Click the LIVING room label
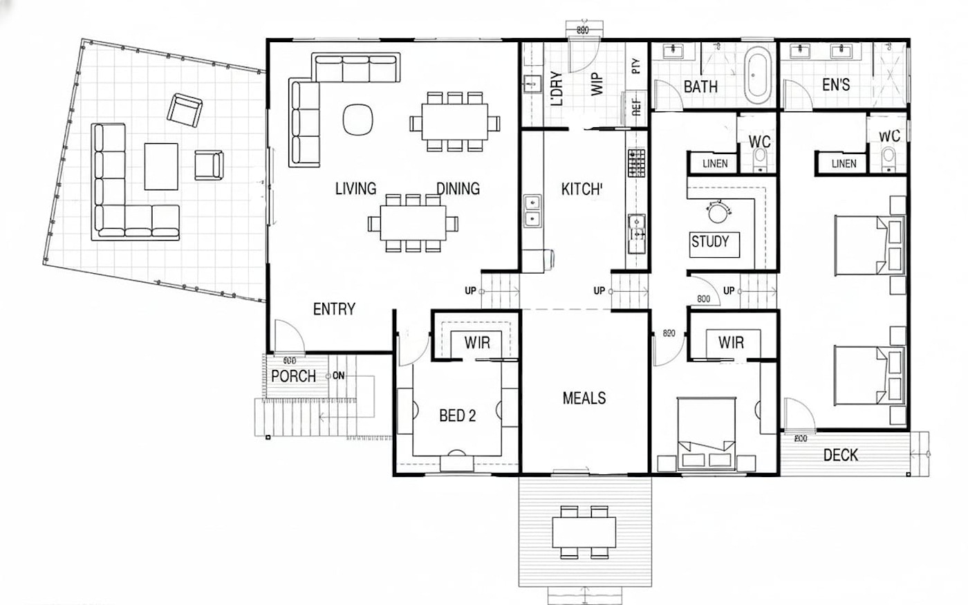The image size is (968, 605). tap(355, 188)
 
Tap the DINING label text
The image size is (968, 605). tap(458, 188)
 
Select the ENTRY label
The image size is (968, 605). tap(334, 309)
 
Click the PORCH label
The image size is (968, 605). tap(293, 376)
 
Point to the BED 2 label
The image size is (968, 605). tap(457, 416)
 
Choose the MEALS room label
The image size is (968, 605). tap(584, 398)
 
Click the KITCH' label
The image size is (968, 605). tap(582, 189)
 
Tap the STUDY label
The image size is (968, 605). tap(710, 241)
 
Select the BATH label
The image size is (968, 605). tap(700, 86)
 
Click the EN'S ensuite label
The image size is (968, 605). tap(835, 86)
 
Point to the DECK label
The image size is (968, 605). tap(841, 455)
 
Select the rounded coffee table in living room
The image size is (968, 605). tap(358, 119)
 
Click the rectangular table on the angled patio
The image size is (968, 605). tap(161, 166)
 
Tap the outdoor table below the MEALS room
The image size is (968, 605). tap(584, 532)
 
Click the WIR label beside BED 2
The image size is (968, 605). tap(477, 343)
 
